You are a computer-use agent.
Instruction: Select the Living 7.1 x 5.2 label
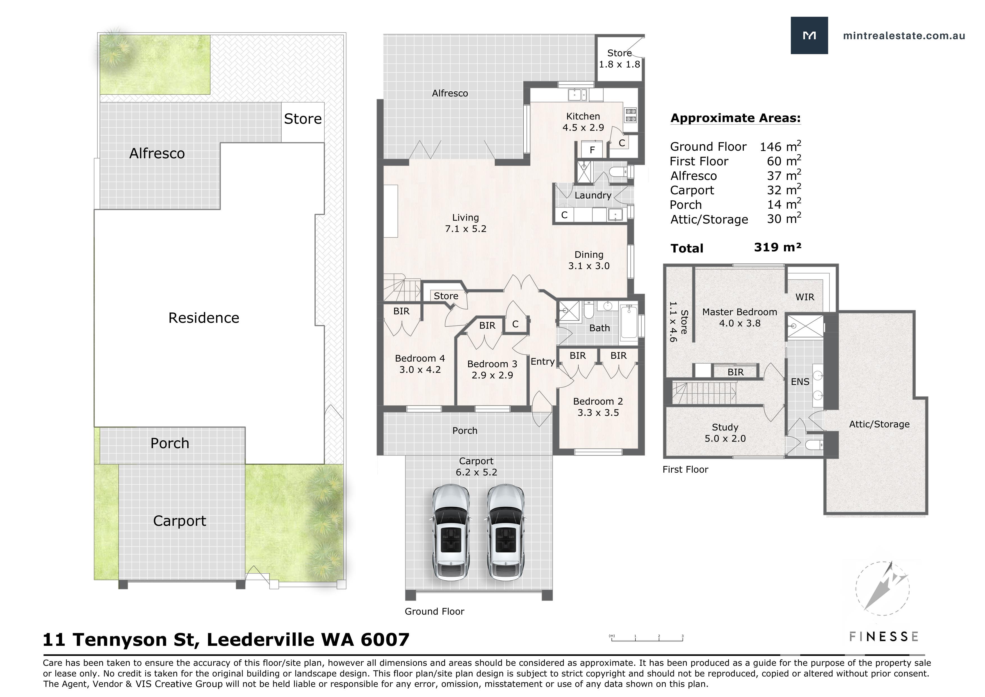pos(466,223)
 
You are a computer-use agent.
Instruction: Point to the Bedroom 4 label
pos(420,358)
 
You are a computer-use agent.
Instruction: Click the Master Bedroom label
pos(740,312)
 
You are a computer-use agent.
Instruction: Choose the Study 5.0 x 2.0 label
pos(725,433)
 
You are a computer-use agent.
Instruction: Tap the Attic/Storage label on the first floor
pos(879,424)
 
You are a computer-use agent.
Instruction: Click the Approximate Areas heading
pos(736,118)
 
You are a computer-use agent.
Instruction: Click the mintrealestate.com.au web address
pos(904,36)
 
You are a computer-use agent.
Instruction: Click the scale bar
pos(647,639)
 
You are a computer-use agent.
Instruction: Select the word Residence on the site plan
pos(204,318)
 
